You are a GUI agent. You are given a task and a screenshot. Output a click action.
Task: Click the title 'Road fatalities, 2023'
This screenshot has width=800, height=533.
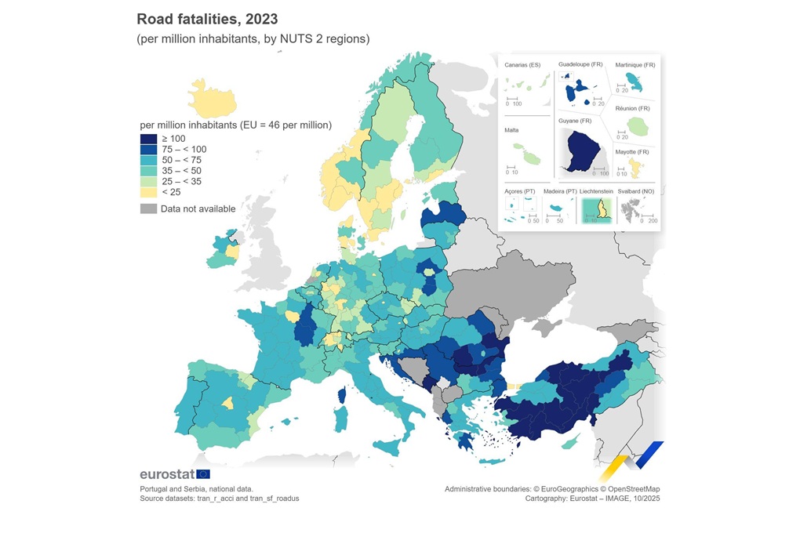[x=207, y=18]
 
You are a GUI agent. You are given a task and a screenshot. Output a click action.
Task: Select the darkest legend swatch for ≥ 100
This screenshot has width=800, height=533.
[x=148, y=139]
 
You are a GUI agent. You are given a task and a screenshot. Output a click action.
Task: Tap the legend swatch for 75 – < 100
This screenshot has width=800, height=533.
[x=148, y=150]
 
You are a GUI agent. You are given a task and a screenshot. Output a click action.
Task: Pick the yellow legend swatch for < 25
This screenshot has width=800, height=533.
[x=148, y=192]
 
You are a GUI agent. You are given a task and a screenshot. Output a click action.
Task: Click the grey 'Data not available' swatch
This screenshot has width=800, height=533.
[x=148, y=208]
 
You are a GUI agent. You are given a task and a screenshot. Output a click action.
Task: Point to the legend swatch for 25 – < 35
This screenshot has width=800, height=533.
[x=148, y=181]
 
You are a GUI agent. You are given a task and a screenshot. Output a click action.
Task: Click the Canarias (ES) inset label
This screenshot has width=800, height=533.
[x=523, y=64]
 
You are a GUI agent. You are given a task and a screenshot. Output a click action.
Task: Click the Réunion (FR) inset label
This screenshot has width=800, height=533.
[x=632, y=108]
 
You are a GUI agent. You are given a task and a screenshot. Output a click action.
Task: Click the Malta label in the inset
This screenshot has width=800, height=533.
[x=511, y=131]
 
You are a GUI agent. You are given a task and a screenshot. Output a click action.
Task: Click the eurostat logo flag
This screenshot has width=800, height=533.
[x=203, y=473]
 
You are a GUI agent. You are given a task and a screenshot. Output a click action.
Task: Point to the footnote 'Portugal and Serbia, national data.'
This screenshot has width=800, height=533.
[x=196, y=488]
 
